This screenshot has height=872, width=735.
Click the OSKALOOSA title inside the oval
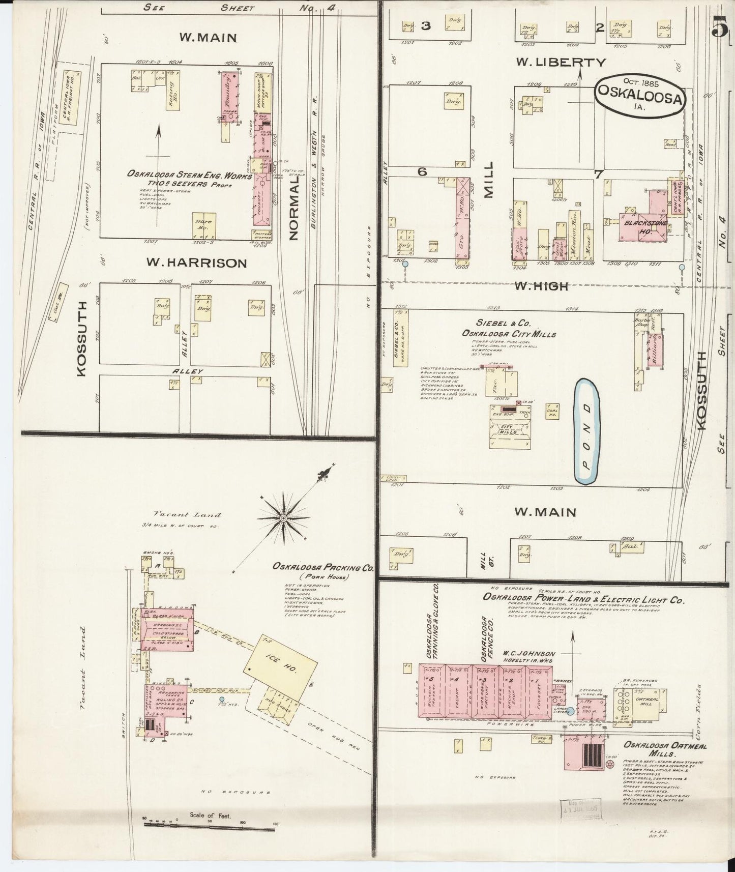pos(639,100)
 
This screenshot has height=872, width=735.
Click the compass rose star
pos(283,518)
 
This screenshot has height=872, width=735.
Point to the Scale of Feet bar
pos(209,830)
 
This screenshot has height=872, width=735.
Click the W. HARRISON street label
pos(196,263)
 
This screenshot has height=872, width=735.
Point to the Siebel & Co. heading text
pos(496,323)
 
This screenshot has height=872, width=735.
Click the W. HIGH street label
pos(541,286)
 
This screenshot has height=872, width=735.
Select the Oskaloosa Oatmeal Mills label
pos(659,749)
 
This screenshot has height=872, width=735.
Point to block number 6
pos(422,172)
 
